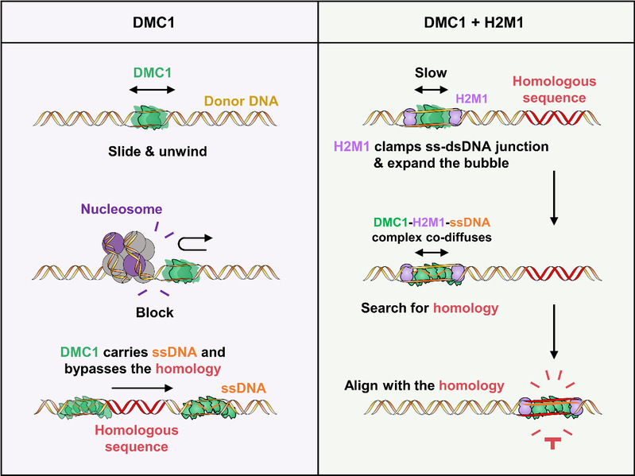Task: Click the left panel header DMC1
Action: (157, 20)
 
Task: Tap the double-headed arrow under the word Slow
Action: (430, 91)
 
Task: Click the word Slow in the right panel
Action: (430, 72)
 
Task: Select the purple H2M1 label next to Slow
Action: (472, 99)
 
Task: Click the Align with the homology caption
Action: (424, 385)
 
